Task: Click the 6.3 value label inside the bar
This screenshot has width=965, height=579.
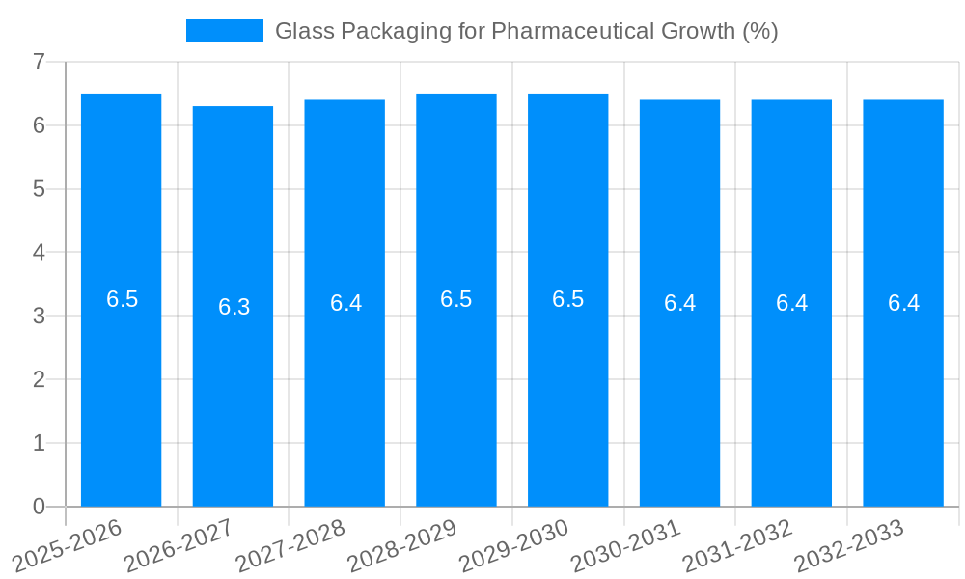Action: click(234, 307)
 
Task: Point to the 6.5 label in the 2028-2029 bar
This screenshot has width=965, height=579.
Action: click(456, 299)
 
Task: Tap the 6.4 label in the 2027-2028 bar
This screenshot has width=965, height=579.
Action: click(345, 303)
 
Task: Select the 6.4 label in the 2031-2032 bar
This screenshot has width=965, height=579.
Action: click(791, 303)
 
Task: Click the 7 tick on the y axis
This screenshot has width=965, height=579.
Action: click(39, 62)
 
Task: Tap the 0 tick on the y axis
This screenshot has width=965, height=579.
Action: click(39, 507)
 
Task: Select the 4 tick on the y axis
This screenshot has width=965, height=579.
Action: click(39, 252)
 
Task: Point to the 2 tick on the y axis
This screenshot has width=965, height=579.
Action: click(39, 379)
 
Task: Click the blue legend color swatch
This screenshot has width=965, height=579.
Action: click(224, 31)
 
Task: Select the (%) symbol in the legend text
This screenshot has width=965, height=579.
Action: click(759, 31)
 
